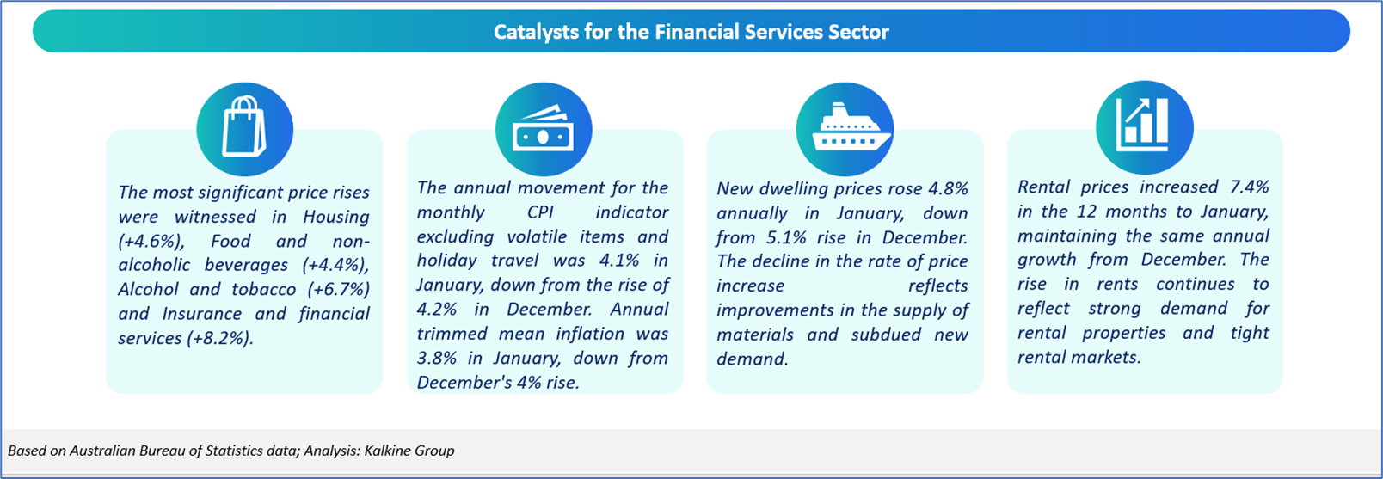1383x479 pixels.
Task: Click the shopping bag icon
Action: click(244, 126)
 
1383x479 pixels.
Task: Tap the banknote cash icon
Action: click(544, 128)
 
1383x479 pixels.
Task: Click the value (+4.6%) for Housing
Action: click(151, 241)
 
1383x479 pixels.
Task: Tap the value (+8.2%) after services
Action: click(219, 338)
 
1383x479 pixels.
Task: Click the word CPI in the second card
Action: click(540, 212)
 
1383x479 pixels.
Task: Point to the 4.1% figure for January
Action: click(619, 260)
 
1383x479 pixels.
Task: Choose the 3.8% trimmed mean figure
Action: click(437, 358)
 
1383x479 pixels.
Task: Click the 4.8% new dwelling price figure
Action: click(949, 188)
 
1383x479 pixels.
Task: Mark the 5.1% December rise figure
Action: click(787, 237)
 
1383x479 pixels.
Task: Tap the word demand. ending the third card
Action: click(752, 359)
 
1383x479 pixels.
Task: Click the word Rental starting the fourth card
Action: click(1042, 187)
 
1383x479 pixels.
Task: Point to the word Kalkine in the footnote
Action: click(386, 451)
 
